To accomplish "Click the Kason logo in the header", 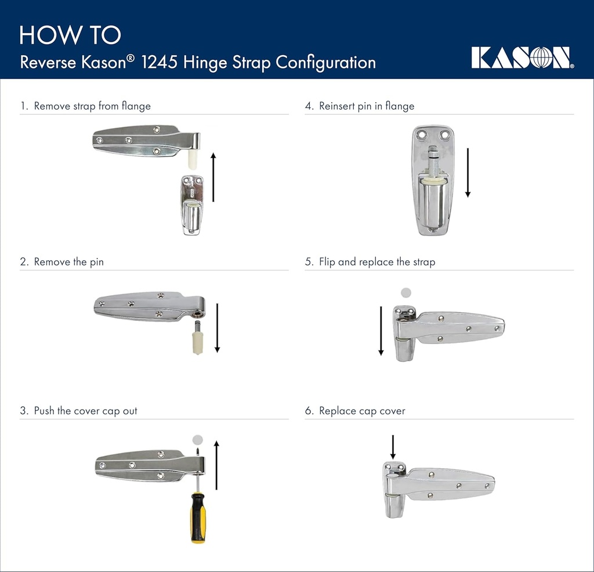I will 523,57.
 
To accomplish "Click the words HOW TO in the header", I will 70,35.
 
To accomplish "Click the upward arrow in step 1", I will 213,177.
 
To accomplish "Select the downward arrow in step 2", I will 217,327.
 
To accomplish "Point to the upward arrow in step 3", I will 216,465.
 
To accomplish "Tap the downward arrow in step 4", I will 468,172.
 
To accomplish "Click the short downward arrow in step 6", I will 393,447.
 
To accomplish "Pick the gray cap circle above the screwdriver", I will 198,439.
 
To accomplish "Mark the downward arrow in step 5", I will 381,330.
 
